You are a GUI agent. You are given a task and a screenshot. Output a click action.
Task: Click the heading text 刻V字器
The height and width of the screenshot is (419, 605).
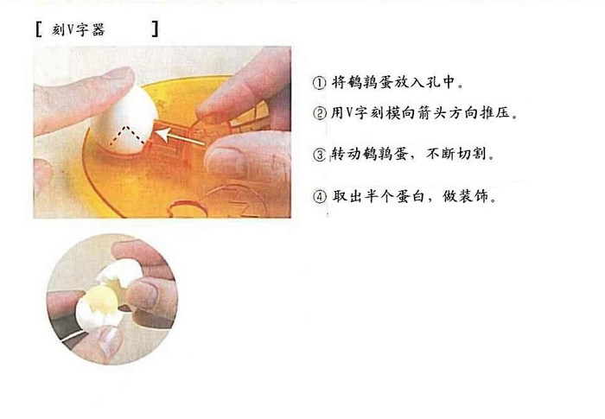point(79,29)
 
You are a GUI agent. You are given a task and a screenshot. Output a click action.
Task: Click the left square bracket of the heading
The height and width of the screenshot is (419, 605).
point(38,29)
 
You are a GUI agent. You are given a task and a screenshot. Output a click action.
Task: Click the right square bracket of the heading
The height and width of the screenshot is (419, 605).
point(155,29)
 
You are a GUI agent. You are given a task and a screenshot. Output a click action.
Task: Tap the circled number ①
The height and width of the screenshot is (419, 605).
point(319,83)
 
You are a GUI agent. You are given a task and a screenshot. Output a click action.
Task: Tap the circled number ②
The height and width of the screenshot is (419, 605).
point(320,113)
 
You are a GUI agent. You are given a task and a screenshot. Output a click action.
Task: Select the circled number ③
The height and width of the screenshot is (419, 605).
point(320,155)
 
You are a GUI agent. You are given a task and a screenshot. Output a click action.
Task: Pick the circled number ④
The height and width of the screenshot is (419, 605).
point(320,196)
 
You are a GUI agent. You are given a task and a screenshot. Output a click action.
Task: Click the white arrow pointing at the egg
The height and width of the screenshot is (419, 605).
point(180,137)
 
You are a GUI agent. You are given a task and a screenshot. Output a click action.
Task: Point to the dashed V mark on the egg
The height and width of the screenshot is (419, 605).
point(127,136)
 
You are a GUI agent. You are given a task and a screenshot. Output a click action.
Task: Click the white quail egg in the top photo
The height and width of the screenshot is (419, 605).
point(124,120)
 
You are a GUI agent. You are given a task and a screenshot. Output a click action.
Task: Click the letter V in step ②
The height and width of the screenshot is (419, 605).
point(350,113)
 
